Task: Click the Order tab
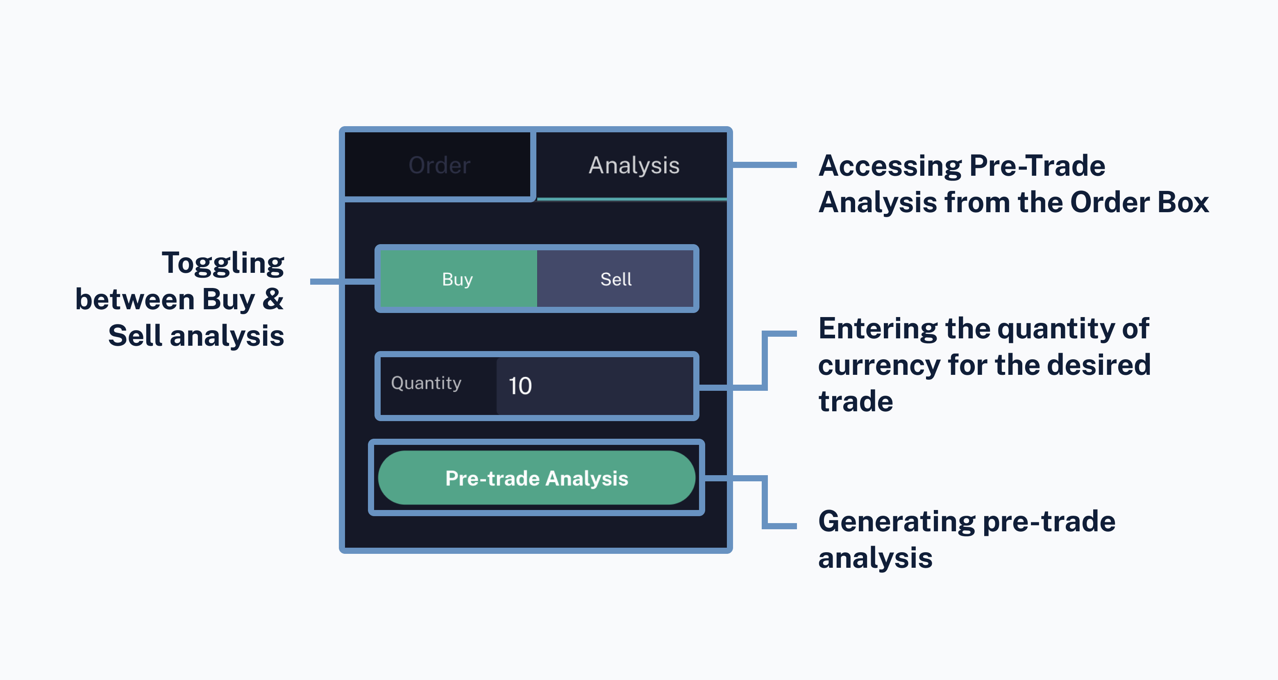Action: click(x=439, y=165)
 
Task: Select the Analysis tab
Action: click(x=633, y=165)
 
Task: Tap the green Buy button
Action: click(x=457, y=279)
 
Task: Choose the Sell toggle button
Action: click(x=616, y=279)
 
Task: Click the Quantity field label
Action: click(x=426, y=383)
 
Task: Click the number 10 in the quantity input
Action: click(x=520, y=386)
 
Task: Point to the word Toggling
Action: click(x=223, y=263)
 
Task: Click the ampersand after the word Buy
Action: click(x=272, y=299)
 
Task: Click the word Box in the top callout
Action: click(x=1183, y=202)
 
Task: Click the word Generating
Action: click(x=897, y=522)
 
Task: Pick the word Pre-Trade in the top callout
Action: click(x=1037, y=166)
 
